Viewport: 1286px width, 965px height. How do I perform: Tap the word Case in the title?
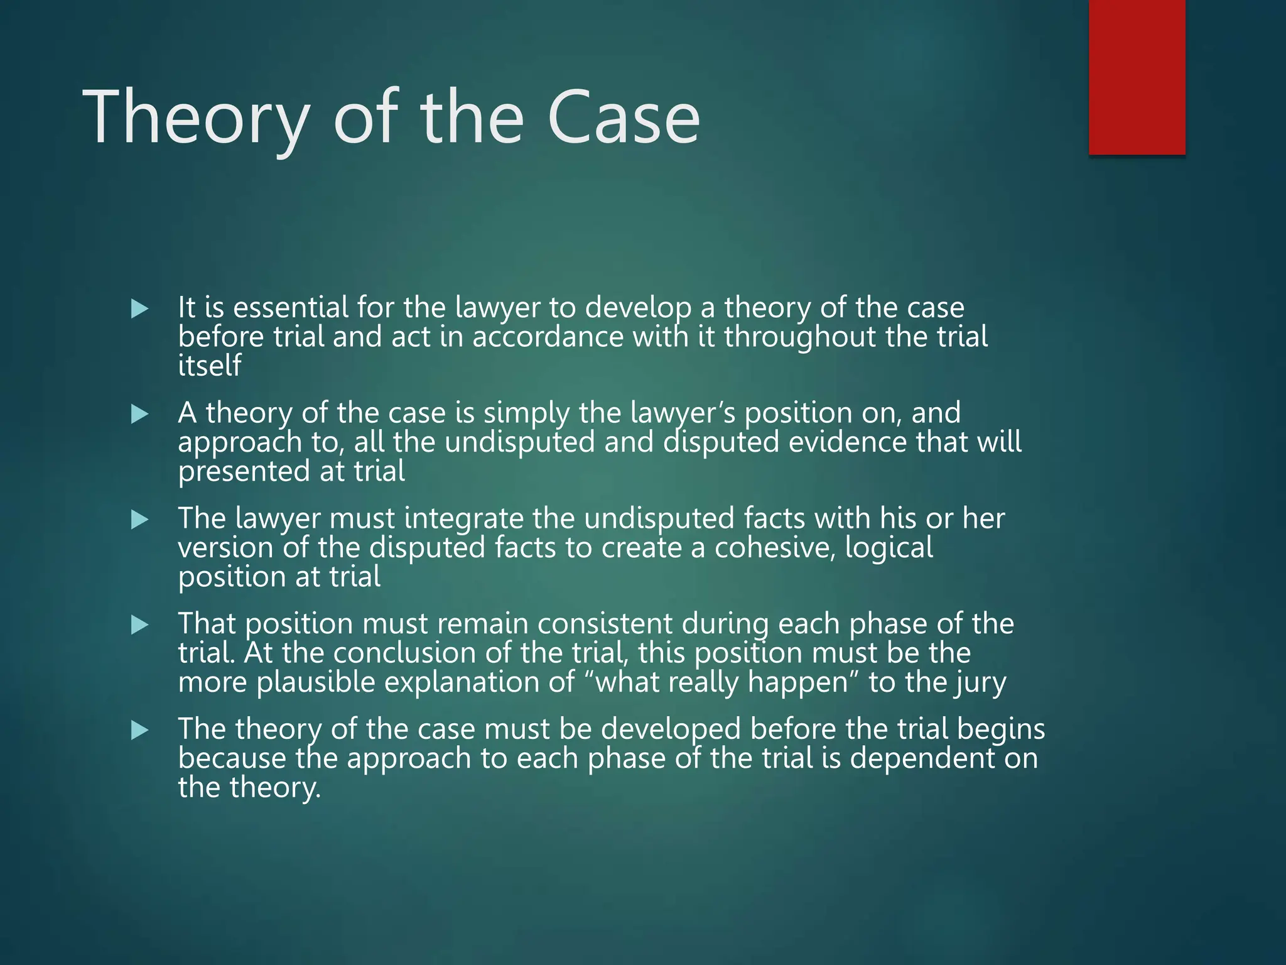(624, 117)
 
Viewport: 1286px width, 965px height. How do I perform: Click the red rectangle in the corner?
(1137, 77)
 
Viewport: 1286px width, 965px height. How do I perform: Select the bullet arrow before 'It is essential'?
(139, 308)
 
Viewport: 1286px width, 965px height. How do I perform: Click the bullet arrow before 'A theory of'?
(139, 414)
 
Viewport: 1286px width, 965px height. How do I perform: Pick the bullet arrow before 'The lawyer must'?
(139, 520)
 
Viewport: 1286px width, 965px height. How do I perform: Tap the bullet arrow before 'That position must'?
(139, 624)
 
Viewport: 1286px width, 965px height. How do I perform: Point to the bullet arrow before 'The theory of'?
(139, 730)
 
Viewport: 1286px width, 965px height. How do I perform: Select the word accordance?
(548, 337)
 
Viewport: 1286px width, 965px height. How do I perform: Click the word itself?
(210, 366)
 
